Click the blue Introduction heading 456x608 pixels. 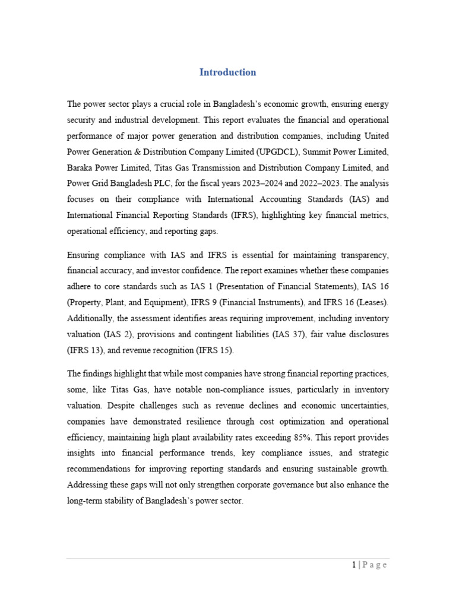tap(227, 72)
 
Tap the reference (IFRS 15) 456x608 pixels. tap(215, 351)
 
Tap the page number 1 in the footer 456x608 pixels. tap(354, 565)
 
